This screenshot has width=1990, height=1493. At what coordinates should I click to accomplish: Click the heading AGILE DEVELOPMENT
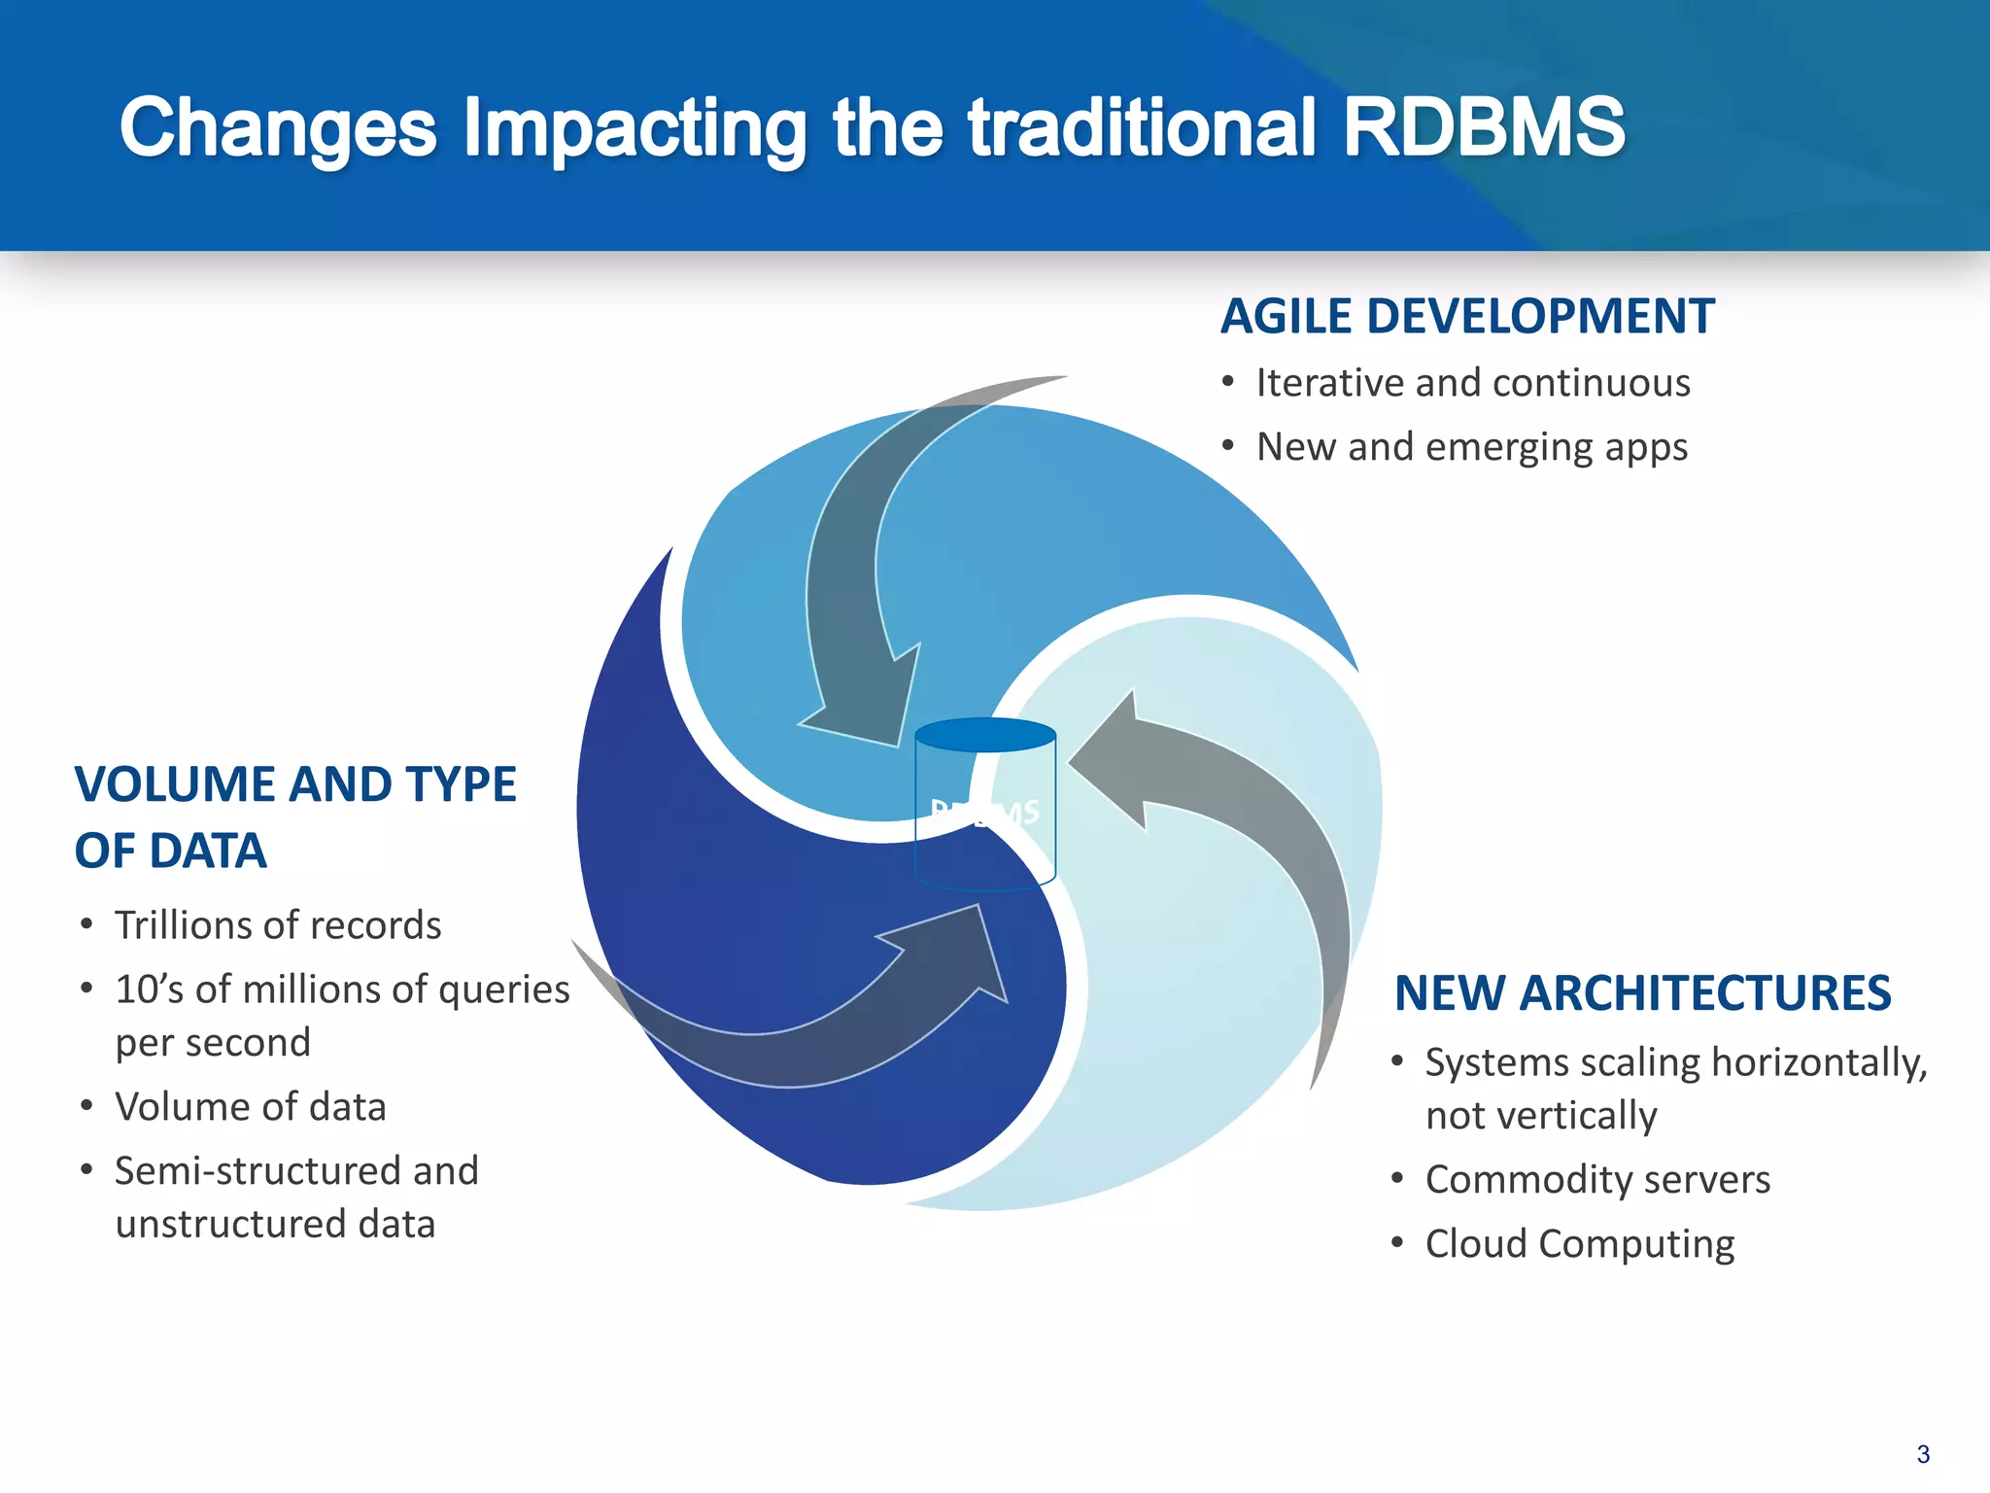(x=1467, y=317)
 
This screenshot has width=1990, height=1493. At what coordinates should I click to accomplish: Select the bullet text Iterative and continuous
(x=1472, y=383)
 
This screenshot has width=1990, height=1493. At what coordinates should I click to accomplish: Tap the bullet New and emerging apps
(x=1471, y=447)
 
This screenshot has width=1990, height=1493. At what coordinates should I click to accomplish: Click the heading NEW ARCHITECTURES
(x=1642, y=993)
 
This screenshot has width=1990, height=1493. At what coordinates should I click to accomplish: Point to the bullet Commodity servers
(x=1596, y=1180)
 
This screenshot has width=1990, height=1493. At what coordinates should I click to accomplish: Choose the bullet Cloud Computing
(x=1579, y=1244)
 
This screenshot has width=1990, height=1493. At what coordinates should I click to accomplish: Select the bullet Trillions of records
(x=278, y=925)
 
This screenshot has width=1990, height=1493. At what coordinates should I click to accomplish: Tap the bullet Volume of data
(x=251, y=1107)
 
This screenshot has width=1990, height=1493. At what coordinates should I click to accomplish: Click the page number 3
(x=1922, y=1454)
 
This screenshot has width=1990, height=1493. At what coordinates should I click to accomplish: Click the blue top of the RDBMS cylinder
(x=985, y=735)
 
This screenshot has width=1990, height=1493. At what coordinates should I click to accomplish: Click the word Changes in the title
(x=278, y=127)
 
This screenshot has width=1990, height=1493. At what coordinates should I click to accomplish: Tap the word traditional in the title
(x=1142, y=127)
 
